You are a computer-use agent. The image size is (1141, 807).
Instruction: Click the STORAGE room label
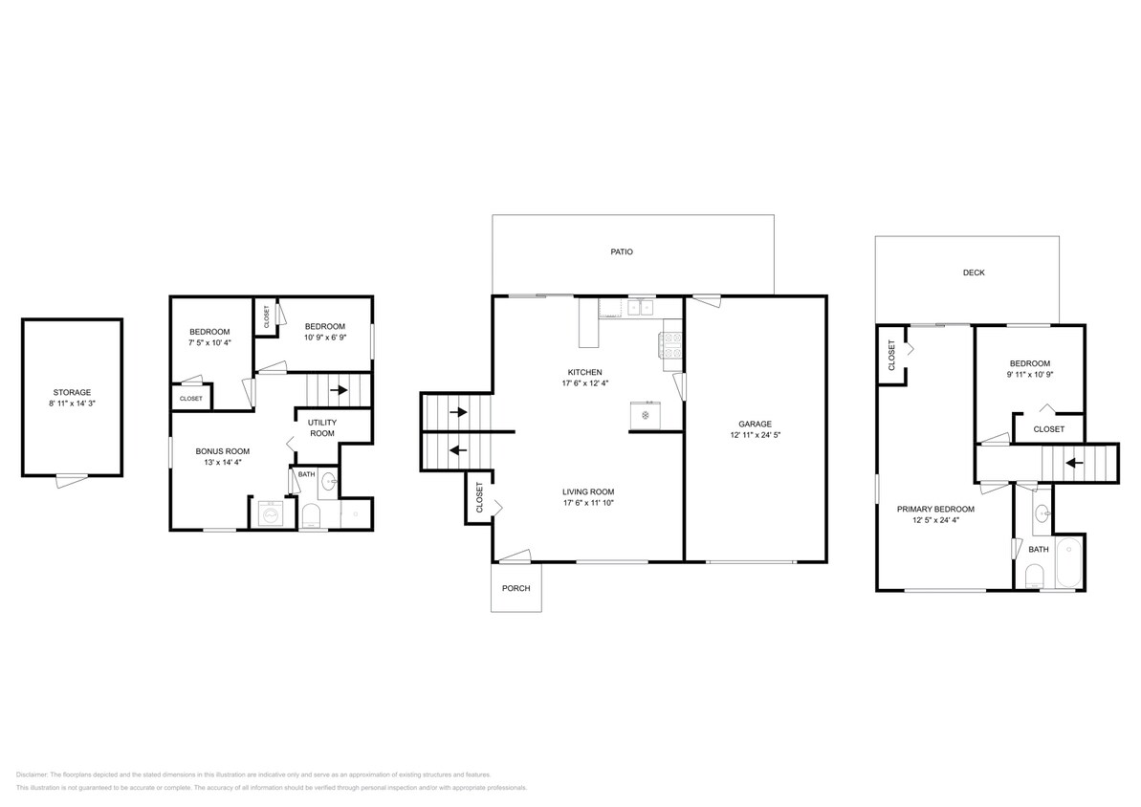pos(72,392)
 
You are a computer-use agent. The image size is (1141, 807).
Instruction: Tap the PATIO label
pos(622,252)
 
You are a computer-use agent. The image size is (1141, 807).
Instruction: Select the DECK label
pos(973,273)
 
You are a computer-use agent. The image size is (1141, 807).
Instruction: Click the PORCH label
pos(516,588)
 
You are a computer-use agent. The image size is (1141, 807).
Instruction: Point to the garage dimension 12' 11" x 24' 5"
pos(755,435)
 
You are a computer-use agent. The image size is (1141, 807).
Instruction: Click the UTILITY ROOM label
pos(322,427)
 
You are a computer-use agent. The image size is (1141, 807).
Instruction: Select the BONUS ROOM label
pos(222,450)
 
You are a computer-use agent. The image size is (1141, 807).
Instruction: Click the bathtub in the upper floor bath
pos(1066,563)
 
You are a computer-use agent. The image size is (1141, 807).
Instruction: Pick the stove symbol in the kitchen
pos(670,346)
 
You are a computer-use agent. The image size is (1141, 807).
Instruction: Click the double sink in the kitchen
pos(640,308)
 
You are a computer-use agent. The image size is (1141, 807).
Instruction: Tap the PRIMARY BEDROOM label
pos(935,509)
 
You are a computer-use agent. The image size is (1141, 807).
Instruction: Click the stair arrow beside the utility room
pos(338,390)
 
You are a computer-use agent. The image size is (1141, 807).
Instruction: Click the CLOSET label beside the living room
pos(479,497)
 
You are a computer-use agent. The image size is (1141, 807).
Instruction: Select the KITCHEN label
pos(584,372)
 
